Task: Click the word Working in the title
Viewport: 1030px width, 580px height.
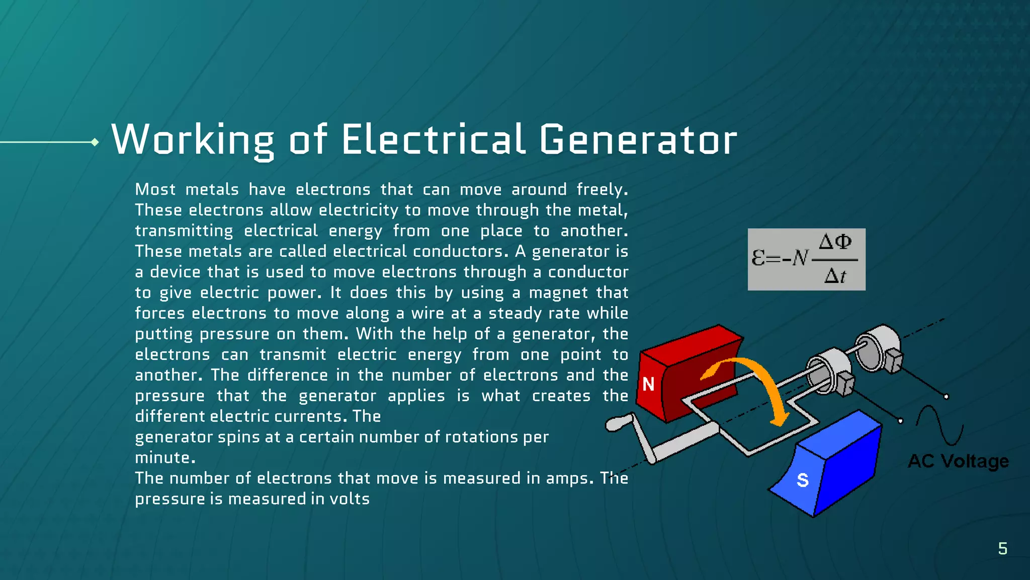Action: tap(193, 140)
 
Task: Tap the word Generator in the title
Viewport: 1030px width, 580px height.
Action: tap(638, 140)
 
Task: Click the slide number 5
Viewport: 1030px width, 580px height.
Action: tap(1002, 548)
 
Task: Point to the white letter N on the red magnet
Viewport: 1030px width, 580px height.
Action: tap(648, 385)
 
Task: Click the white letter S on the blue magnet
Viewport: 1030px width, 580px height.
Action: tap(803, 480)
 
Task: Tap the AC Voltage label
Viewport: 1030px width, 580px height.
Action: tap(958, 461)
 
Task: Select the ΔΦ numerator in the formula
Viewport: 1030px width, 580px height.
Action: tap(835, 242)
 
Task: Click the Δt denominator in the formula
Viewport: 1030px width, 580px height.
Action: tap(835, 276)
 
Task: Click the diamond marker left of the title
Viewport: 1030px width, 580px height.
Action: tap(95, 142)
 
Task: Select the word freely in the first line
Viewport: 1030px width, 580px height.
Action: tap(602, 190)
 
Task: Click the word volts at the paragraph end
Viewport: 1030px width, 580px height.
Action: tap(350, 499)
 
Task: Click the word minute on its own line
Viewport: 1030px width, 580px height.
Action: tap(164, 458)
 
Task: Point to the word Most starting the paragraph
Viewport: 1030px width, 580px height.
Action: tap(155, 190)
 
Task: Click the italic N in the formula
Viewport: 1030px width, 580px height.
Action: tap(800, 258)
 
